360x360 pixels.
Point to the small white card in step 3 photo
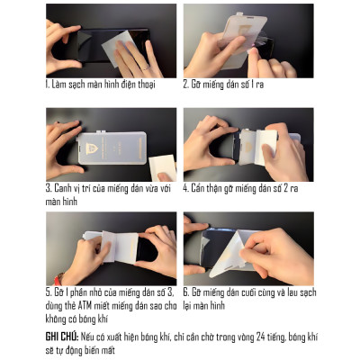pyautogui.click(x=161, y=166)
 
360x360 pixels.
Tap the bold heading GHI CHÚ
pyautogui.click(x=60, y=334)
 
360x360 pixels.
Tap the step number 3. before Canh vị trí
pyautogui.click(x=49, y=189)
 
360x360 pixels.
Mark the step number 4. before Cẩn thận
pyautogui.click(x=186, y=189)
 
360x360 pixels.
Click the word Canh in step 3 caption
pyautogui.click(x=64, y=189)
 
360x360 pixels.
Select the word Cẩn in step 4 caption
pyautogui.click(x=202, y=189)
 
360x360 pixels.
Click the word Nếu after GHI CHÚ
pyautogui.click(x=89, y=334)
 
